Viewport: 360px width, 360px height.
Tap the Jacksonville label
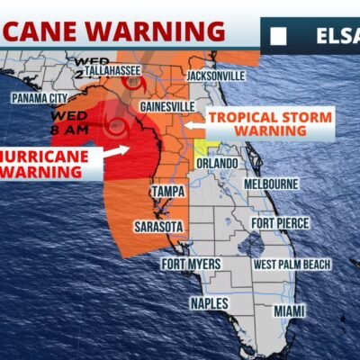215,76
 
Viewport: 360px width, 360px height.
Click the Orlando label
218,164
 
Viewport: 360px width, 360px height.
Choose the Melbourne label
271,184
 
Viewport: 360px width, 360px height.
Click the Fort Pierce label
279,223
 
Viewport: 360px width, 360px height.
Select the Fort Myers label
190,264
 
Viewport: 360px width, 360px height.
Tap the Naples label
209,304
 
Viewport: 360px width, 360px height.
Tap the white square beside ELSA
279,38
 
